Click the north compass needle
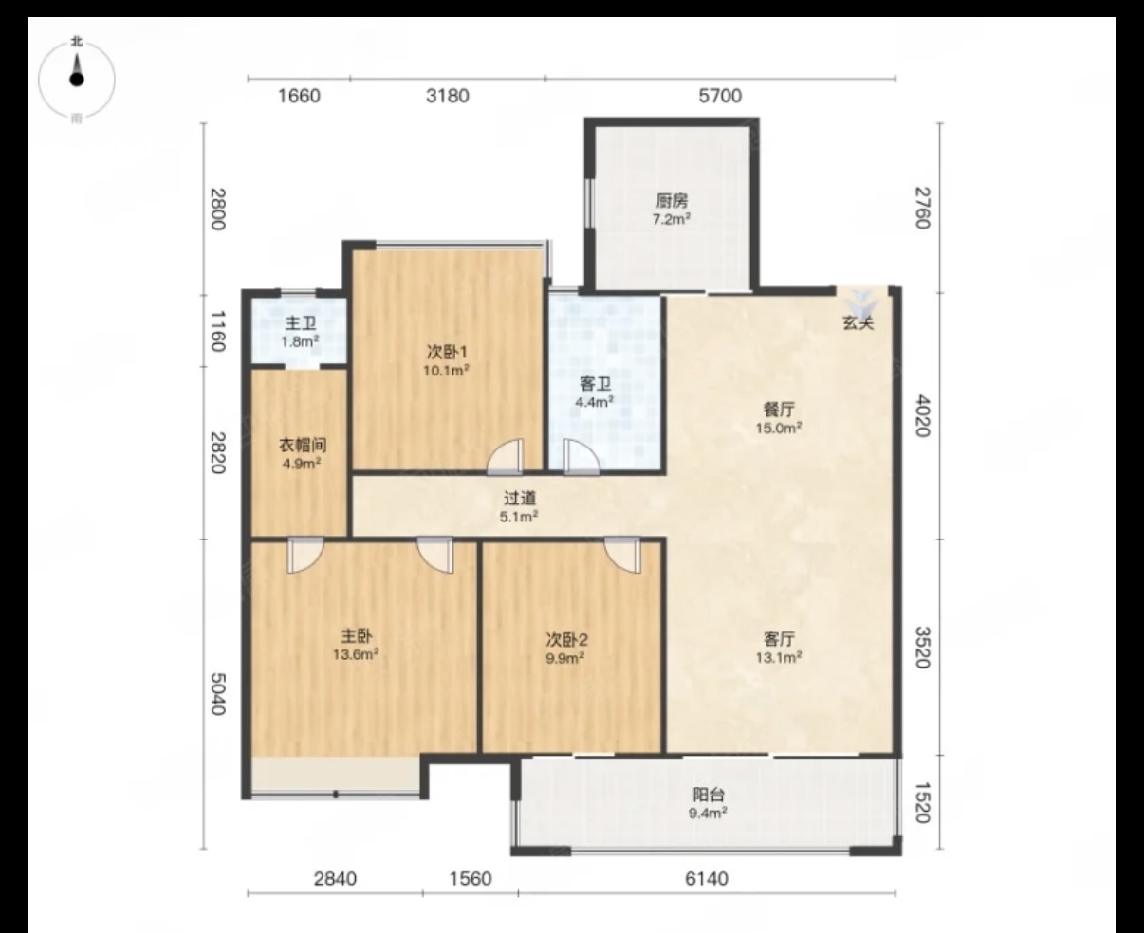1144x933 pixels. click(77, 71)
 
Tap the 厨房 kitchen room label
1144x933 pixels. click(672, 201)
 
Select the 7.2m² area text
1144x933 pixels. click(672, 220)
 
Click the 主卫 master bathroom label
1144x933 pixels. click(301, 323)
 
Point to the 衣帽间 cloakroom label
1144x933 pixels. click(303, 445)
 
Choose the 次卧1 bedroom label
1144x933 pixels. click(447, 353)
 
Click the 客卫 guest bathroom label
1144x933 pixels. click(595, 384)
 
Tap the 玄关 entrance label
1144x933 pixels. click(858, 323)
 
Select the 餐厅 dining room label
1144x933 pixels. click(779, 410)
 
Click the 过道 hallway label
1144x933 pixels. click(520, 498)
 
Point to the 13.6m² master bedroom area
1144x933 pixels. click(356, 654)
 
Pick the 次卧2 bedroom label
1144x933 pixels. click(566, 640)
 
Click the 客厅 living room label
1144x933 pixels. click(779, 639)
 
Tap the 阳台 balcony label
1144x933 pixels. click(709, 795)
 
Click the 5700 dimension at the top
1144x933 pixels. click(720, 96)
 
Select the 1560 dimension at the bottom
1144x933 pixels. click(471, 878)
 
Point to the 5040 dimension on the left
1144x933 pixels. click(218, 694)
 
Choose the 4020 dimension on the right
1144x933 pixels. click(923, 416)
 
